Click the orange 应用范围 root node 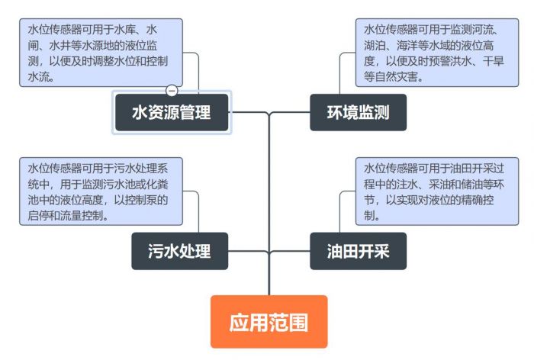coord(269,322)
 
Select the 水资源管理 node coord(171,113)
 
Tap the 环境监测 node coord(358,113)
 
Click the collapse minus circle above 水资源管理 coord(172,90)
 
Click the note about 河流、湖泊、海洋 coord(431,53)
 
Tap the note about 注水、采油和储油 coord(431,191)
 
